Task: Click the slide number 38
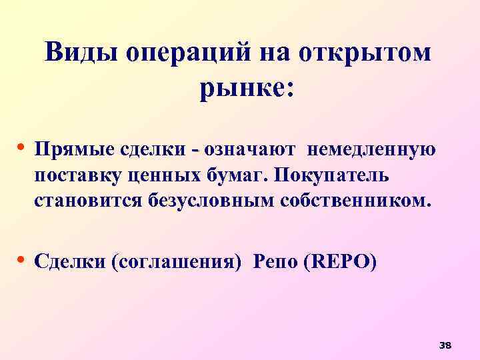coord(445,345)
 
